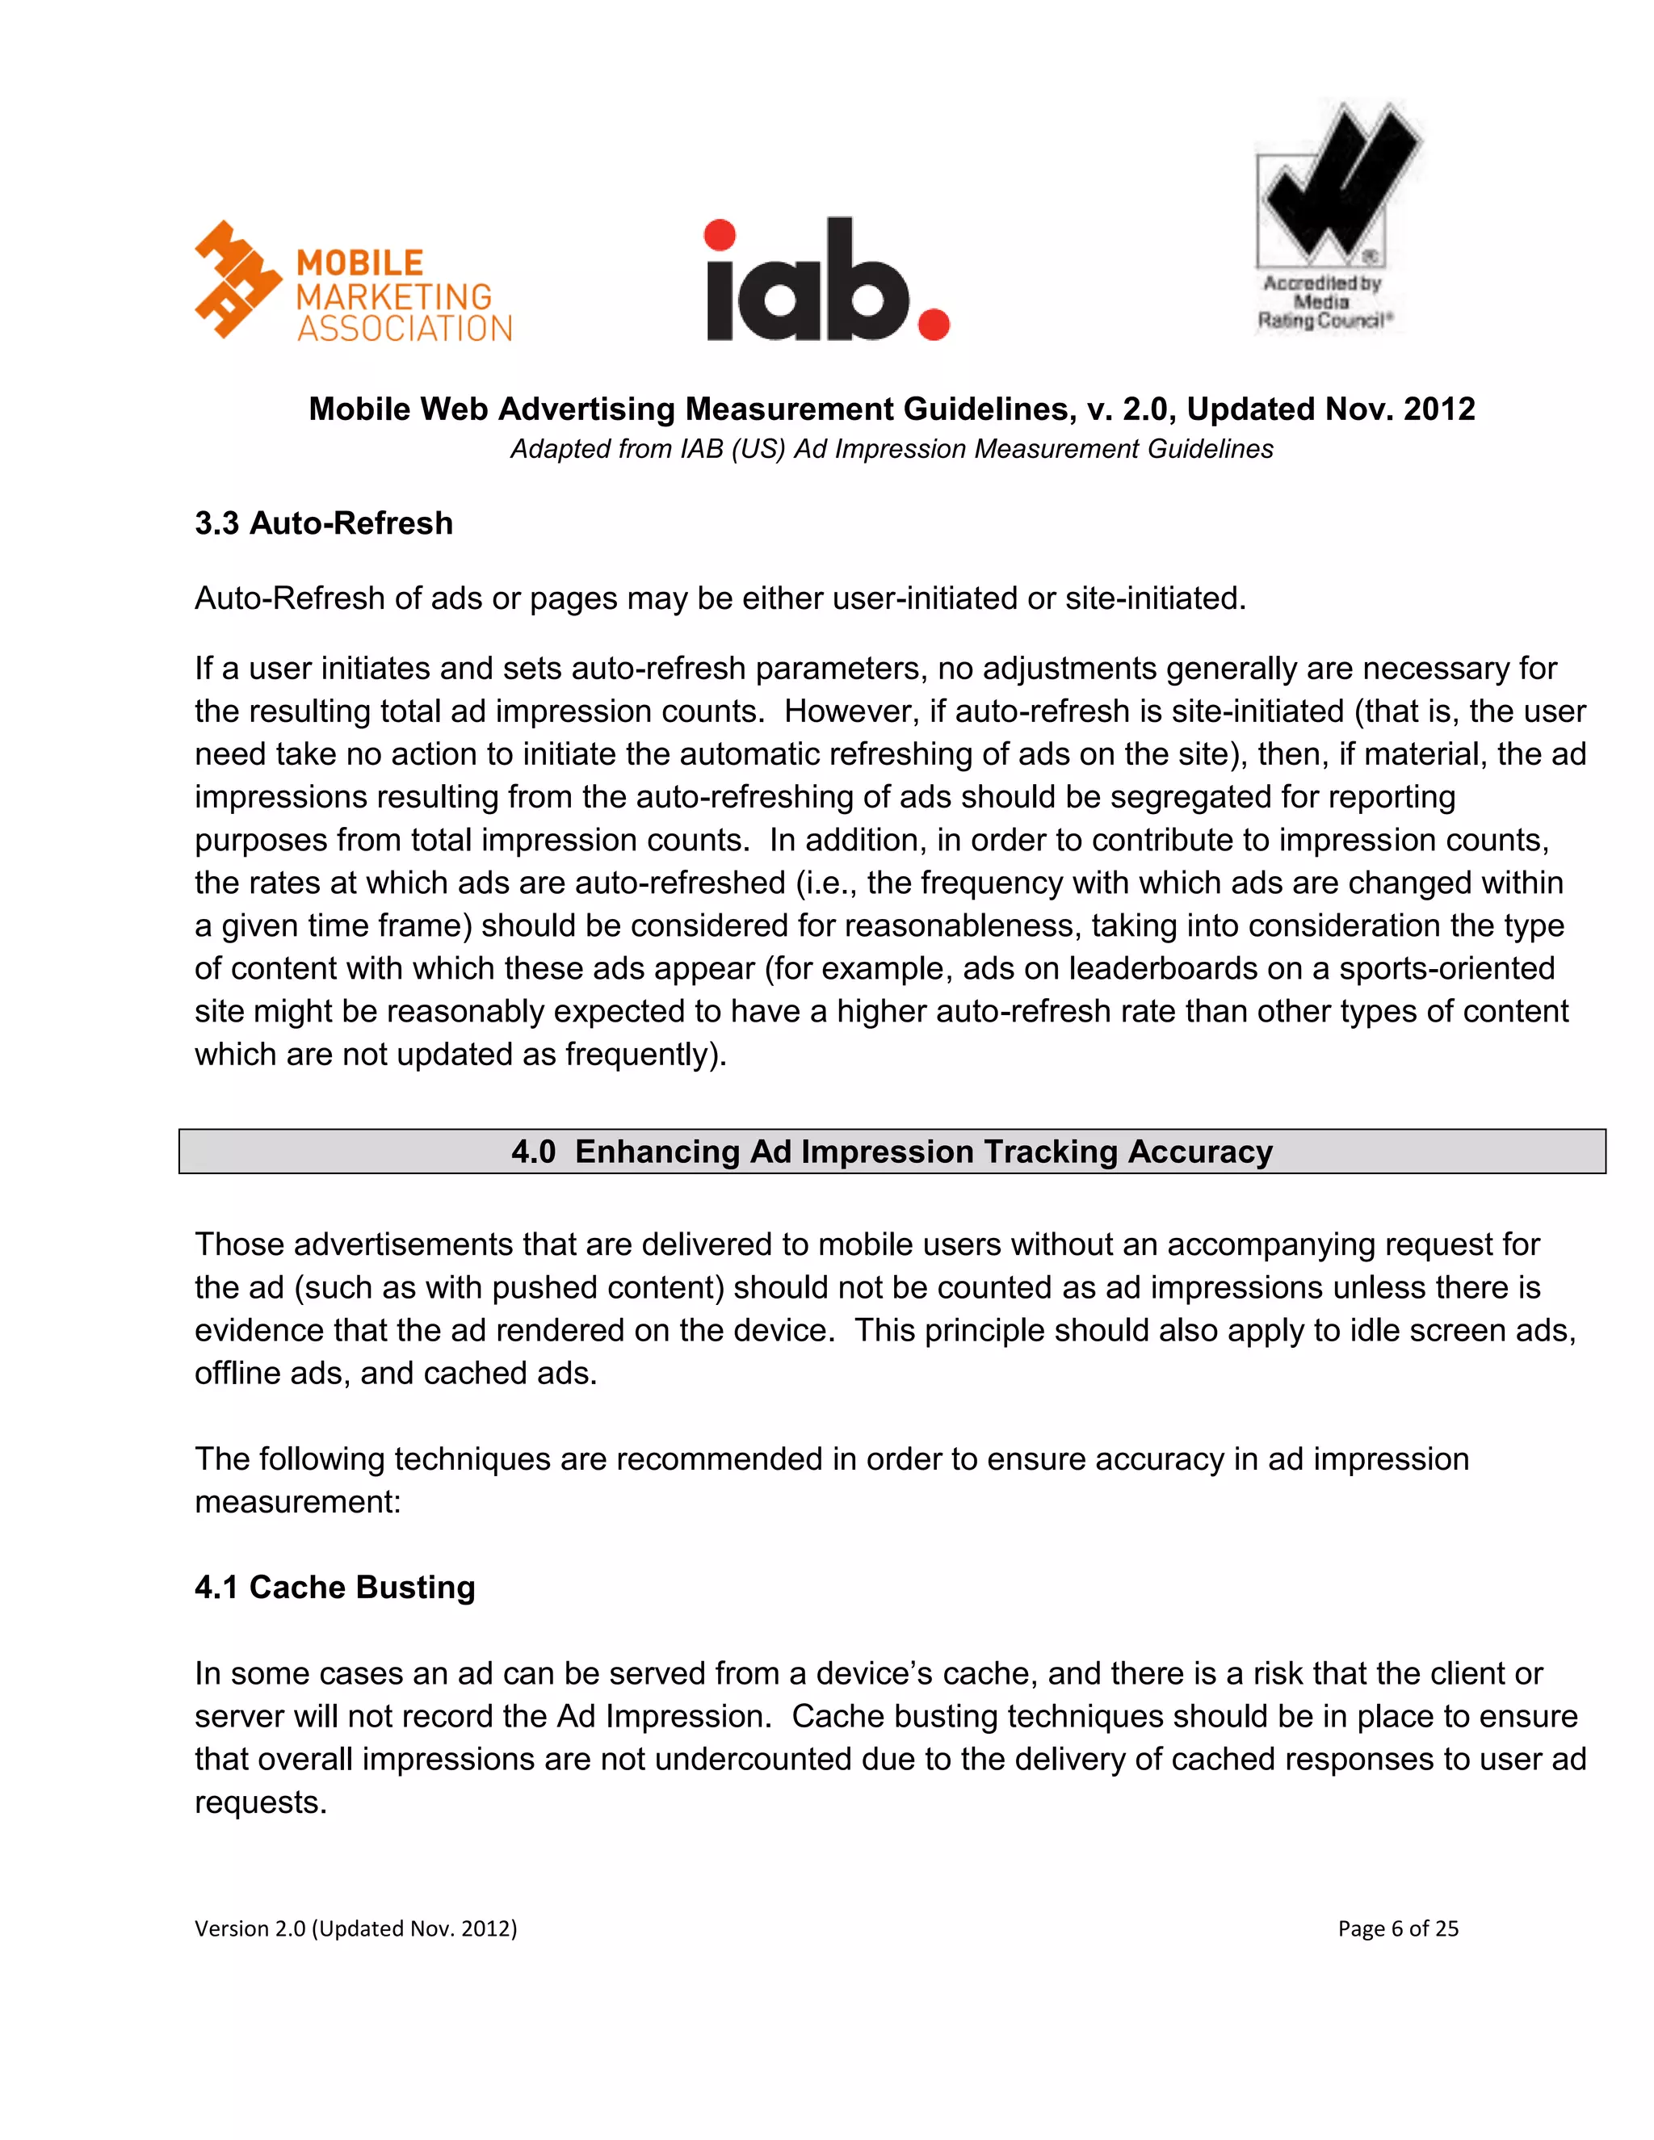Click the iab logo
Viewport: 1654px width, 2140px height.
pyautogui.click(x=826, y=281)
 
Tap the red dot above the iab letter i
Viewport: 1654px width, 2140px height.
pyautogui.click(x=720, y=235)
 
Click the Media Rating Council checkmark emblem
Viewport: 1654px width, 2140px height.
pyautogui.click(x=1337, y=183)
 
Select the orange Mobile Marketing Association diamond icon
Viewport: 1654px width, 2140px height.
pyautogui.click(x=238, y=279)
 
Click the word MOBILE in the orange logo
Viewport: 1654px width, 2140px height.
pyautogui.click(x=359, y=262)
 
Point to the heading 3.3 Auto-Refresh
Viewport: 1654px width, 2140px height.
pyautogui.click(x=323, y=523)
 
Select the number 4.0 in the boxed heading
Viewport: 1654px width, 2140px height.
pyautogui.click(x=533, y=1152)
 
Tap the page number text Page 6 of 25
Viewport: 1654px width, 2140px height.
pyautogui.click(x=1397, y=1928)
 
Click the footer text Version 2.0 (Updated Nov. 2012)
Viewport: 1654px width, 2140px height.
pyautogui.click(x=355, y=1928)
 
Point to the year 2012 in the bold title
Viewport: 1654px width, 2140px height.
pyautogui.click(x=1438, y=409)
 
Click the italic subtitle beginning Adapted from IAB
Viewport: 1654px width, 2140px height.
pyautogui.click(x=891, y=449)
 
